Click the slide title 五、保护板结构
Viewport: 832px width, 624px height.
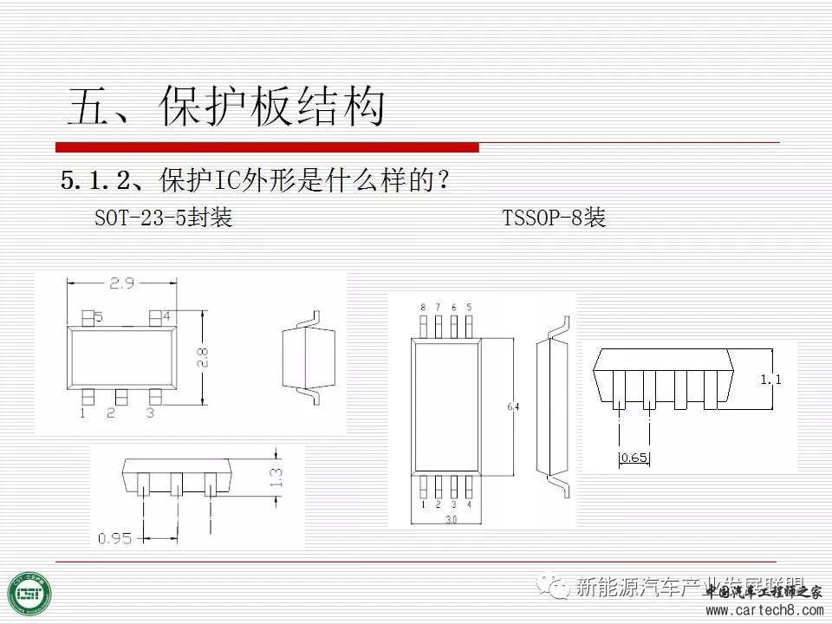pyautogui.click(x=226, y=107)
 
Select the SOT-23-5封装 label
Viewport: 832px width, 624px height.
pyautogui.click(x=164, y=218)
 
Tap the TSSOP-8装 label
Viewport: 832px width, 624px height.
pyautogui.click(x=554, y=218)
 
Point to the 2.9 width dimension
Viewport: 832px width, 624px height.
pyautogui.click(x=122, y=283)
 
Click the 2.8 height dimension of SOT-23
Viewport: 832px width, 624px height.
pyautogui.click(x=202, y=358)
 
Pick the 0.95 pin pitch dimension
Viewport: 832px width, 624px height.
pyautogui.click(x=114, y=538)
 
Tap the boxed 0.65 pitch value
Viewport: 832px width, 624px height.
pyautogui.click(x=634, y=458)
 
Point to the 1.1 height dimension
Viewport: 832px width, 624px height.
pyautogui.click(x=770, y=379)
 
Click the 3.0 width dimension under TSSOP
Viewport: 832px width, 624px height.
pyautogui.click(x=451, y=520)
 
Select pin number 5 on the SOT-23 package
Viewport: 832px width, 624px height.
pyautogui.click(x=99, y=317)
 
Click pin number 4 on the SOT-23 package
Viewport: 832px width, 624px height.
pyautogui.click(x=165, y=315)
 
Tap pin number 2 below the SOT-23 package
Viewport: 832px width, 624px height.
pyautogui.click(x=111, y=413)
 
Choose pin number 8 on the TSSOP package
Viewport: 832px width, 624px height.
pyautogui.click(x=423, y=307)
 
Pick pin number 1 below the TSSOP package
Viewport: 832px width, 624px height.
pyautogui.click(x=423, y=504)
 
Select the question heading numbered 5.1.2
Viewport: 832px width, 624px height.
pyautogui.click(x=257, y=181)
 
